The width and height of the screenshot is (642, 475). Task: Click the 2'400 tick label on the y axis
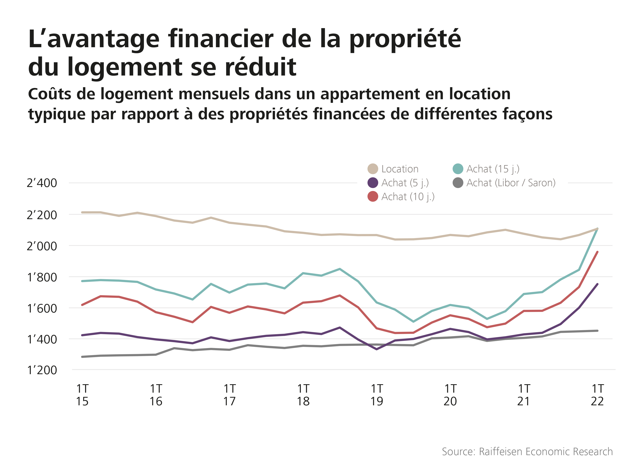click(42, 183)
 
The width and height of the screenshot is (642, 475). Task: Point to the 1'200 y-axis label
click(42, 370)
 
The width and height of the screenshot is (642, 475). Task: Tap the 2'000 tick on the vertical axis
click(42, 246)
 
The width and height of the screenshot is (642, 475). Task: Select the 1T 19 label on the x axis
click(377, 395)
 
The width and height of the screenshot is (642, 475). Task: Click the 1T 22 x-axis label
click(597, 395)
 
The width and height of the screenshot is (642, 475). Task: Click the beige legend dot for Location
click(373, 169)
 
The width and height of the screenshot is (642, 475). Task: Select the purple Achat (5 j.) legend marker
click(373, 183)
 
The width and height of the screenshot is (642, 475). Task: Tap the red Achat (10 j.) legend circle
click(373, 196)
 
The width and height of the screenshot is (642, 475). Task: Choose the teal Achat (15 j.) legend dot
click(458, 169)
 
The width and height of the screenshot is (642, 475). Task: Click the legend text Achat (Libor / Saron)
click(511, 183)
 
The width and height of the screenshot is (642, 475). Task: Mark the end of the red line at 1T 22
click(597, 252)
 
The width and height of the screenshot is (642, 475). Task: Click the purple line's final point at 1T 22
click(597, 284)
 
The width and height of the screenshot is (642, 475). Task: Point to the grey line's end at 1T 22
click(597, 331)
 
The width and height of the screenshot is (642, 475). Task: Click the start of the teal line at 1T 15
click(82, 281)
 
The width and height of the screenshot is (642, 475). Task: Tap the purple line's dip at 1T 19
click(377, 349)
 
